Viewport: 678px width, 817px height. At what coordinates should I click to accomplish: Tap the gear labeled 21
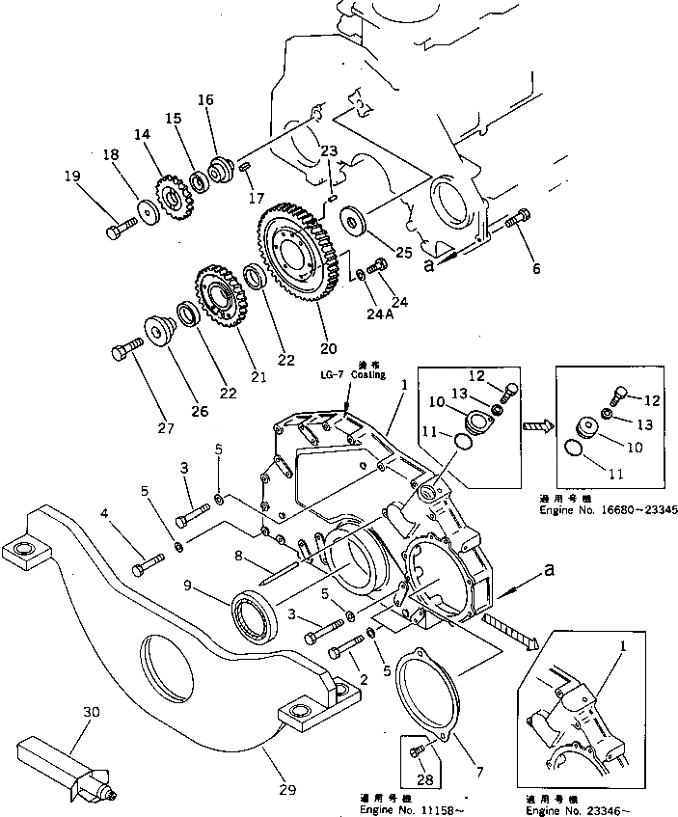[x=222, y=296]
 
